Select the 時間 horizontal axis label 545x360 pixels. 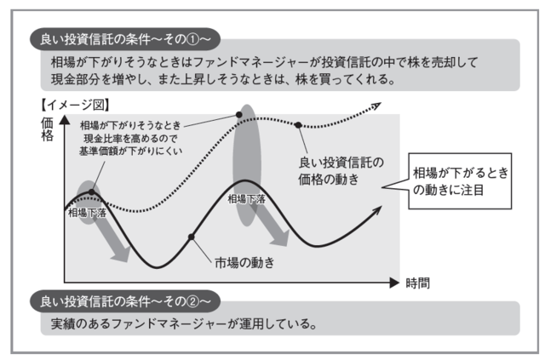point(417,282)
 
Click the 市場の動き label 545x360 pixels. point(243,261)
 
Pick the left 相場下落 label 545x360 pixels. point(88,212)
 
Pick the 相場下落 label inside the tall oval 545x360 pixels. point(247,198)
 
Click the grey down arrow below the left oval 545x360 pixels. point(112,241)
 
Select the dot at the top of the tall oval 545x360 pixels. point(239,113)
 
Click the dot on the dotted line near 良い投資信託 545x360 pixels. point(298,125)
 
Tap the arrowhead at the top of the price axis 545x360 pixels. point(65,124)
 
